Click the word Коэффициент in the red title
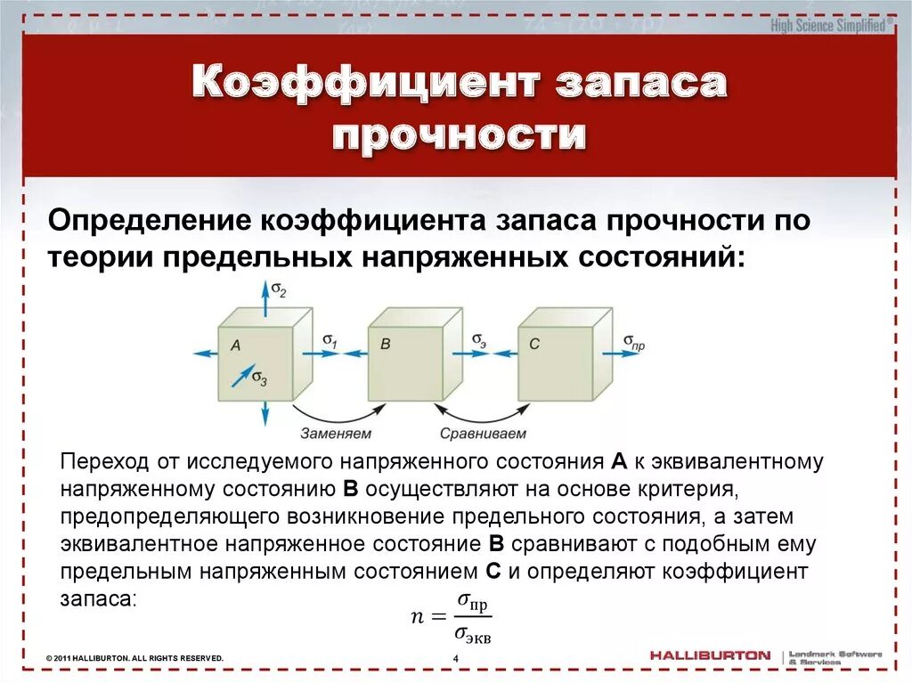point(366,84)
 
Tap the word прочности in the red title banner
point(459,136)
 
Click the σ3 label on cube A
point(259,378)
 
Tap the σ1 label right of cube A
point(330,340)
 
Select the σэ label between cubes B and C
point(479,340)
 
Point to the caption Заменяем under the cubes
point(336,434)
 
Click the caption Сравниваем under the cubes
point(483,434)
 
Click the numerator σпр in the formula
point(472,603)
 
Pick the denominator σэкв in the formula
point(473,634)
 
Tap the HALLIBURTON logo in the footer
point(710,655)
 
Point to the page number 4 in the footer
point(455,658)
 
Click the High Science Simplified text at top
point(828,26)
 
